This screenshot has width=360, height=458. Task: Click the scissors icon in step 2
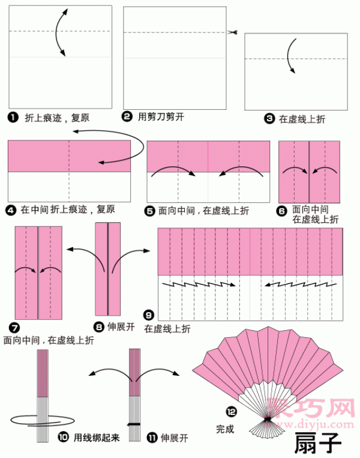click(232, 32)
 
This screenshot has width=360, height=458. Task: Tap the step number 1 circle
click(13, 118)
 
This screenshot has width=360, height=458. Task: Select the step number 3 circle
click(269, 119)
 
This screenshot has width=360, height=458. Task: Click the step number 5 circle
click(149, 211)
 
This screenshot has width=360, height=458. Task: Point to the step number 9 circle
click(149, 315)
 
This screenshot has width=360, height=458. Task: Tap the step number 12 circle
click(231, 412)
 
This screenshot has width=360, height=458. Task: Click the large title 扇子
click(317, 442)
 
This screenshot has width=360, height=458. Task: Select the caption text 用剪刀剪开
click(161, 117)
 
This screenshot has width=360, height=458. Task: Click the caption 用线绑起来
click(97, 438)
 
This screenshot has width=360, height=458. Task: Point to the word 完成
click(225, 429)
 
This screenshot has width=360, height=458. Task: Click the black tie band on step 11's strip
click(134, 424)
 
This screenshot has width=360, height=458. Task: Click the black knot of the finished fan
click(267, 420)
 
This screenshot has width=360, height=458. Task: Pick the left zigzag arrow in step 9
click(199, 284)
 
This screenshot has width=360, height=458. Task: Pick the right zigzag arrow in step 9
click(301, 284)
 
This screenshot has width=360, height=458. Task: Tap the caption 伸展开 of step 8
click(121, 327)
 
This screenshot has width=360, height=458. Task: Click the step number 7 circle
click(14, 328)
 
